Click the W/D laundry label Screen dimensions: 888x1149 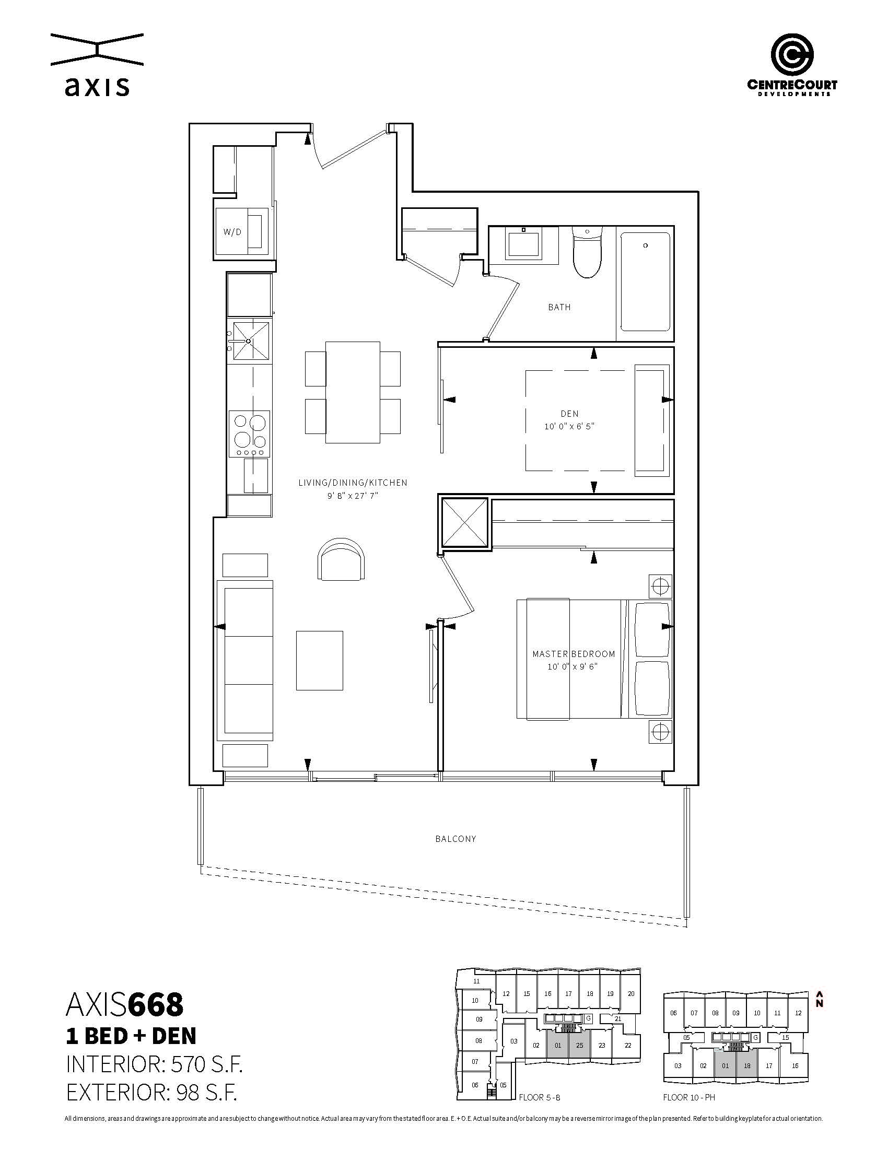[x=232, y=232]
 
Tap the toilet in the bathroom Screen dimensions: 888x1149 [x=587, y=253]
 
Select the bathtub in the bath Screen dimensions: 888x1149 [x=645, y=283]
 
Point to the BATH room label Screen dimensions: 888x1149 [x=559, y=307]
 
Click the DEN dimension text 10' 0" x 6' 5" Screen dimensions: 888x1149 [x=569, y=426]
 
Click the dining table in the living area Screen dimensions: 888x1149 [x=353, y=392]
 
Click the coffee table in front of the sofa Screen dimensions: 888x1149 [x=319, y=660]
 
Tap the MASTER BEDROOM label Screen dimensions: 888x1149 [x=574, y=654]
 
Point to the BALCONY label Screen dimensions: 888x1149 [x=455, y=839]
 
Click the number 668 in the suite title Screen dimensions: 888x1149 [x=156, y=1004]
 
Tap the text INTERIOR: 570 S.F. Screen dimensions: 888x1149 [x=154, y=1064]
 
